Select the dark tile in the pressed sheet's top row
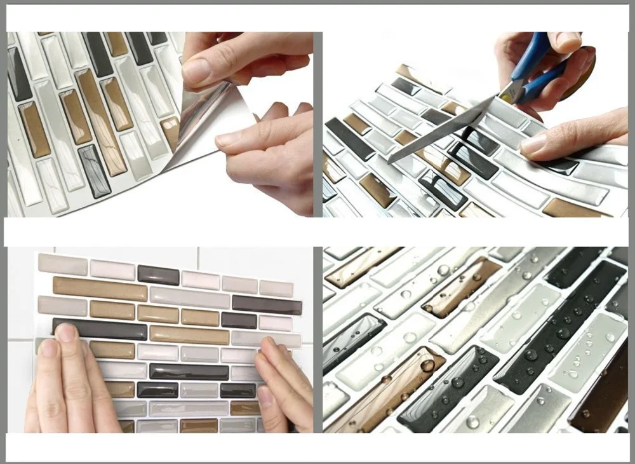point(158,275)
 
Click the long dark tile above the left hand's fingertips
point(100,328)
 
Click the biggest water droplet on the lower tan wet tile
point(429,365)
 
